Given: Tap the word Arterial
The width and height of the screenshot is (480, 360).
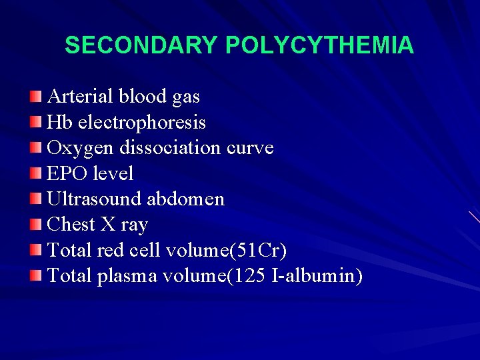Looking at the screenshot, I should [x=80, y=97].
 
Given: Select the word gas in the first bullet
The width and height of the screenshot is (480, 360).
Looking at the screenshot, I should [x=185, y=97].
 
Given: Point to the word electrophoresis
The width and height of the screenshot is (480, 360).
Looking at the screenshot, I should [x=142, y=123].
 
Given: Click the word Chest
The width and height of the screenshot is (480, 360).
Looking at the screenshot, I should [x=71, y=224].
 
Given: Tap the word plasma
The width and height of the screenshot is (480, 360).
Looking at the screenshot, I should [x=127, y=275].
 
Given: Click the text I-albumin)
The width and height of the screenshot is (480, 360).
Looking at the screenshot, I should [x=317, y=275].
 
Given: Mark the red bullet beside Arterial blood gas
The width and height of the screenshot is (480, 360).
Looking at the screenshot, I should [x=36, y=97].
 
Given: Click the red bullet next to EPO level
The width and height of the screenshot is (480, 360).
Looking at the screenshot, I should [x=36, y=174].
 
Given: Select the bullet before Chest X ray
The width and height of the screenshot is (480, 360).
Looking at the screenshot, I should [x=36, y=225].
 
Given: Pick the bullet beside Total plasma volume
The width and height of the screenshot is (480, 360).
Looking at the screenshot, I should [x=36, y=275].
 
